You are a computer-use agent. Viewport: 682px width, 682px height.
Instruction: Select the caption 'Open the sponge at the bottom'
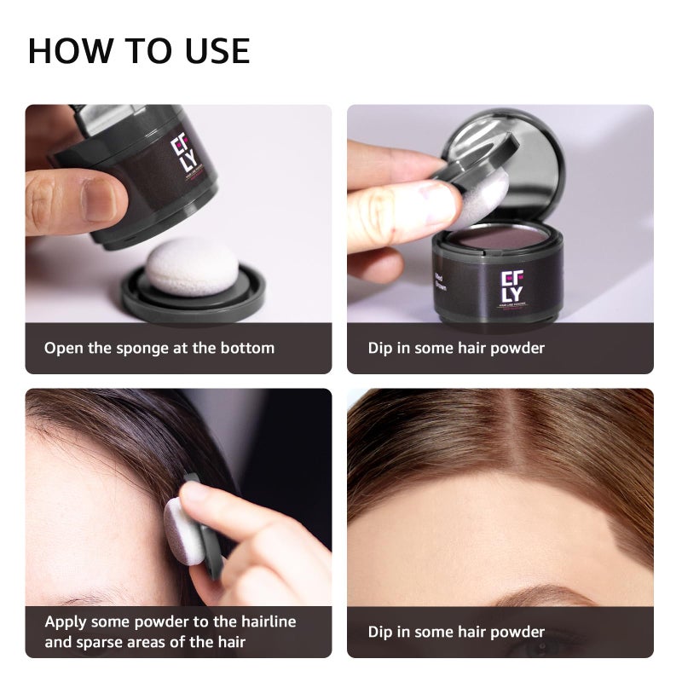coord(159,348)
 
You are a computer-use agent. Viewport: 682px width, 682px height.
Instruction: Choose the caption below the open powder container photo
coord(456,348)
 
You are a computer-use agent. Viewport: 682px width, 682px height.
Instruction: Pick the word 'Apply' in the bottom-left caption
coord(66,621)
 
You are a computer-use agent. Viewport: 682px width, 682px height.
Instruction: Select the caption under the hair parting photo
coord(456,632)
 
